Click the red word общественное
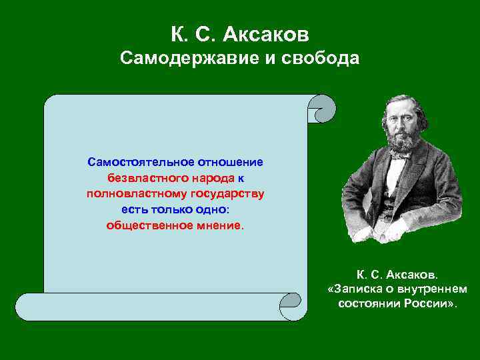[x=148, y=225]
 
